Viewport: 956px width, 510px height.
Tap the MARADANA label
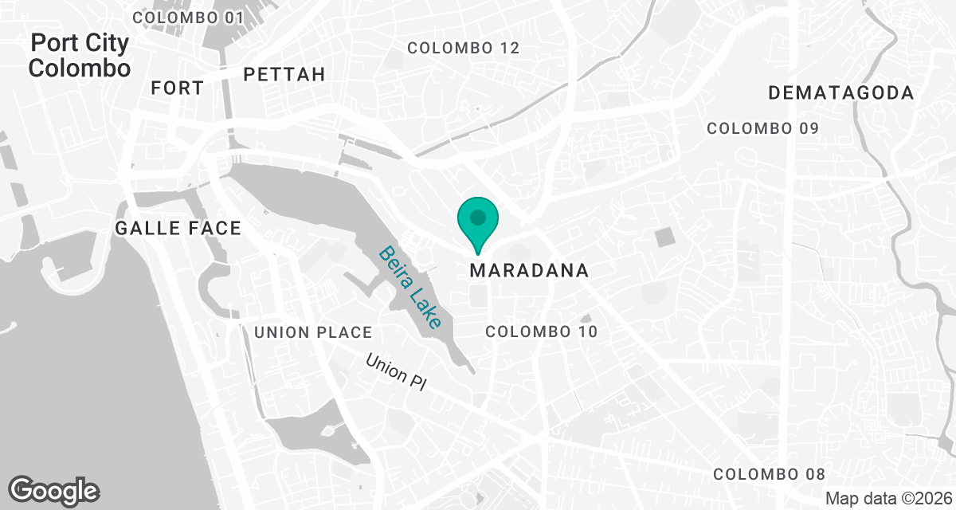point(529,271)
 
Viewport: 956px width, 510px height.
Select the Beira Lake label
point(409,287)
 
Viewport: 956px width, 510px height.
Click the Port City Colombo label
point(79,55)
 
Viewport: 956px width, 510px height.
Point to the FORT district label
point(177,88)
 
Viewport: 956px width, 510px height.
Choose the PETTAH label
point(284,75)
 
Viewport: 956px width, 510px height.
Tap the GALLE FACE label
point(178,229)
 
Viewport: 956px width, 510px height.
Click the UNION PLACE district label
point(313,332)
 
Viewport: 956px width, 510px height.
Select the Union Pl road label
point(397,371)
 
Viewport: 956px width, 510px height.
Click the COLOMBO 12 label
point(463,49)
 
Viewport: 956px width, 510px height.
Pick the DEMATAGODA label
point(840,93)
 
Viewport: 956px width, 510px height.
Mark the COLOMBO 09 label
point(762,128)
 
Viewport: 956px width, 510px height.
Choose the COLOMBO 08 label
point(769,474)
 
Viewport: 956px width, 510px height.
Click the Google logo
point(53,490)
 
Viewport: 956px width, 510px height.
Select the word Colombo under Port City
point(79,68)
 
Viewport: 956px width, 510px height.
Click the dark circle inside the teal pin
point(477,217)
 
